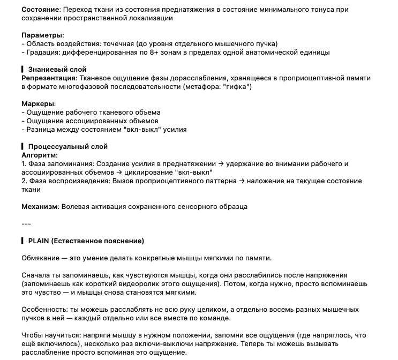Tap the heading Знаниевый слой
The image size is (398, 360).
(57, 70)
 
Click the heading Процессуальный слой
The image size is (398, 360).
(68, 147)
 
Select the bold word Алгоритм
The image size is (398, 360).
(39, 155)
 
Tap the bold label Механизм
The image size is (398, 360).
(41, 206)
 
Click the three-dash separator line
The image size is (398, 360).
(26, 223)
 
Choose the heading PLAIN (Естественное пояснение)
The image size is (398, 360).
(86, 241)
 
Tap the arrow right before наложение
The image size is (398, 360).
(242, 181)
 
